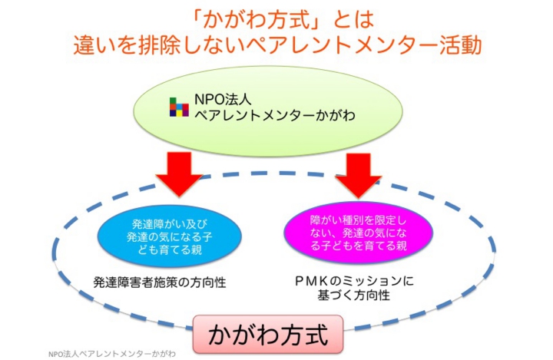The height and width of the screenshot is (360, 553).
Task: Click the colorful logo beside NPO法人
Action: point(180,106)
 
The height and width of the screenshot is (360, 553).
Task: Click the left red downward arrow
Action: point(177,172)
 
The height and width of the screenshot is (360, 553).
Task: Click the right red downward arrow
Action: point(353,172)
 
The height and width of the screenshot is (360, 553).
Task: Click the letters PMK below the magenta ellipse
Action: point(313,281)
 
